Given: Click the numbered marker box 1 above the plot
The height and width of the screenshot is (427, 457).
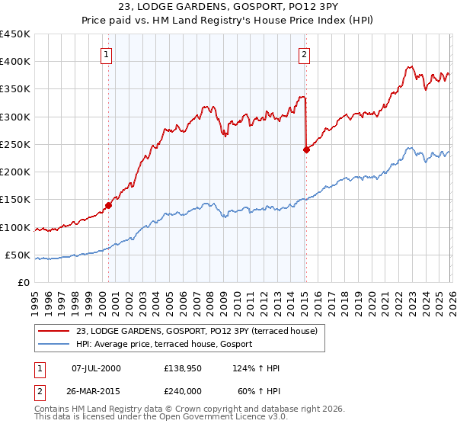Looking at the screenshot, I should (107, 54).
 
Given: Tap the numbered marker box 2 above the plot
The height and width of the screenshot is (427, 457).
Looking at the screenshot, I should (304, 54).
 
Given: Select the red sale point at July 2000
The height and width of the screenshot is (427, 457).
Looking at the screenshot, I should (109, 205).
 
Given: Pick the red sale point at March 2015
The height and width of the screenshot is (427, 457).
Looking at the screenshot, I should (306, 149).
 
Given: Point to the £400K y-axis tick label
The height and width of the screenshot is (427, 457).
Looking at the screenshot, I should (14, 62).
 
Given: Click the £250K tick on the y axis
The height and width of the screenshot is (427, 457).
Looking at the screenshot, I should (14, 144).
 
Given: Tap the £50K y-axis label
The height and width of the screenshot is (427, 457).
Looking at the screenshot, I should (18, 255).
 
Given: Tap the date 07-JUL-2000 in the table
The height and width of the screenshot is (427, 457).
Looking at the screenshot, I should (96, 368).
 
